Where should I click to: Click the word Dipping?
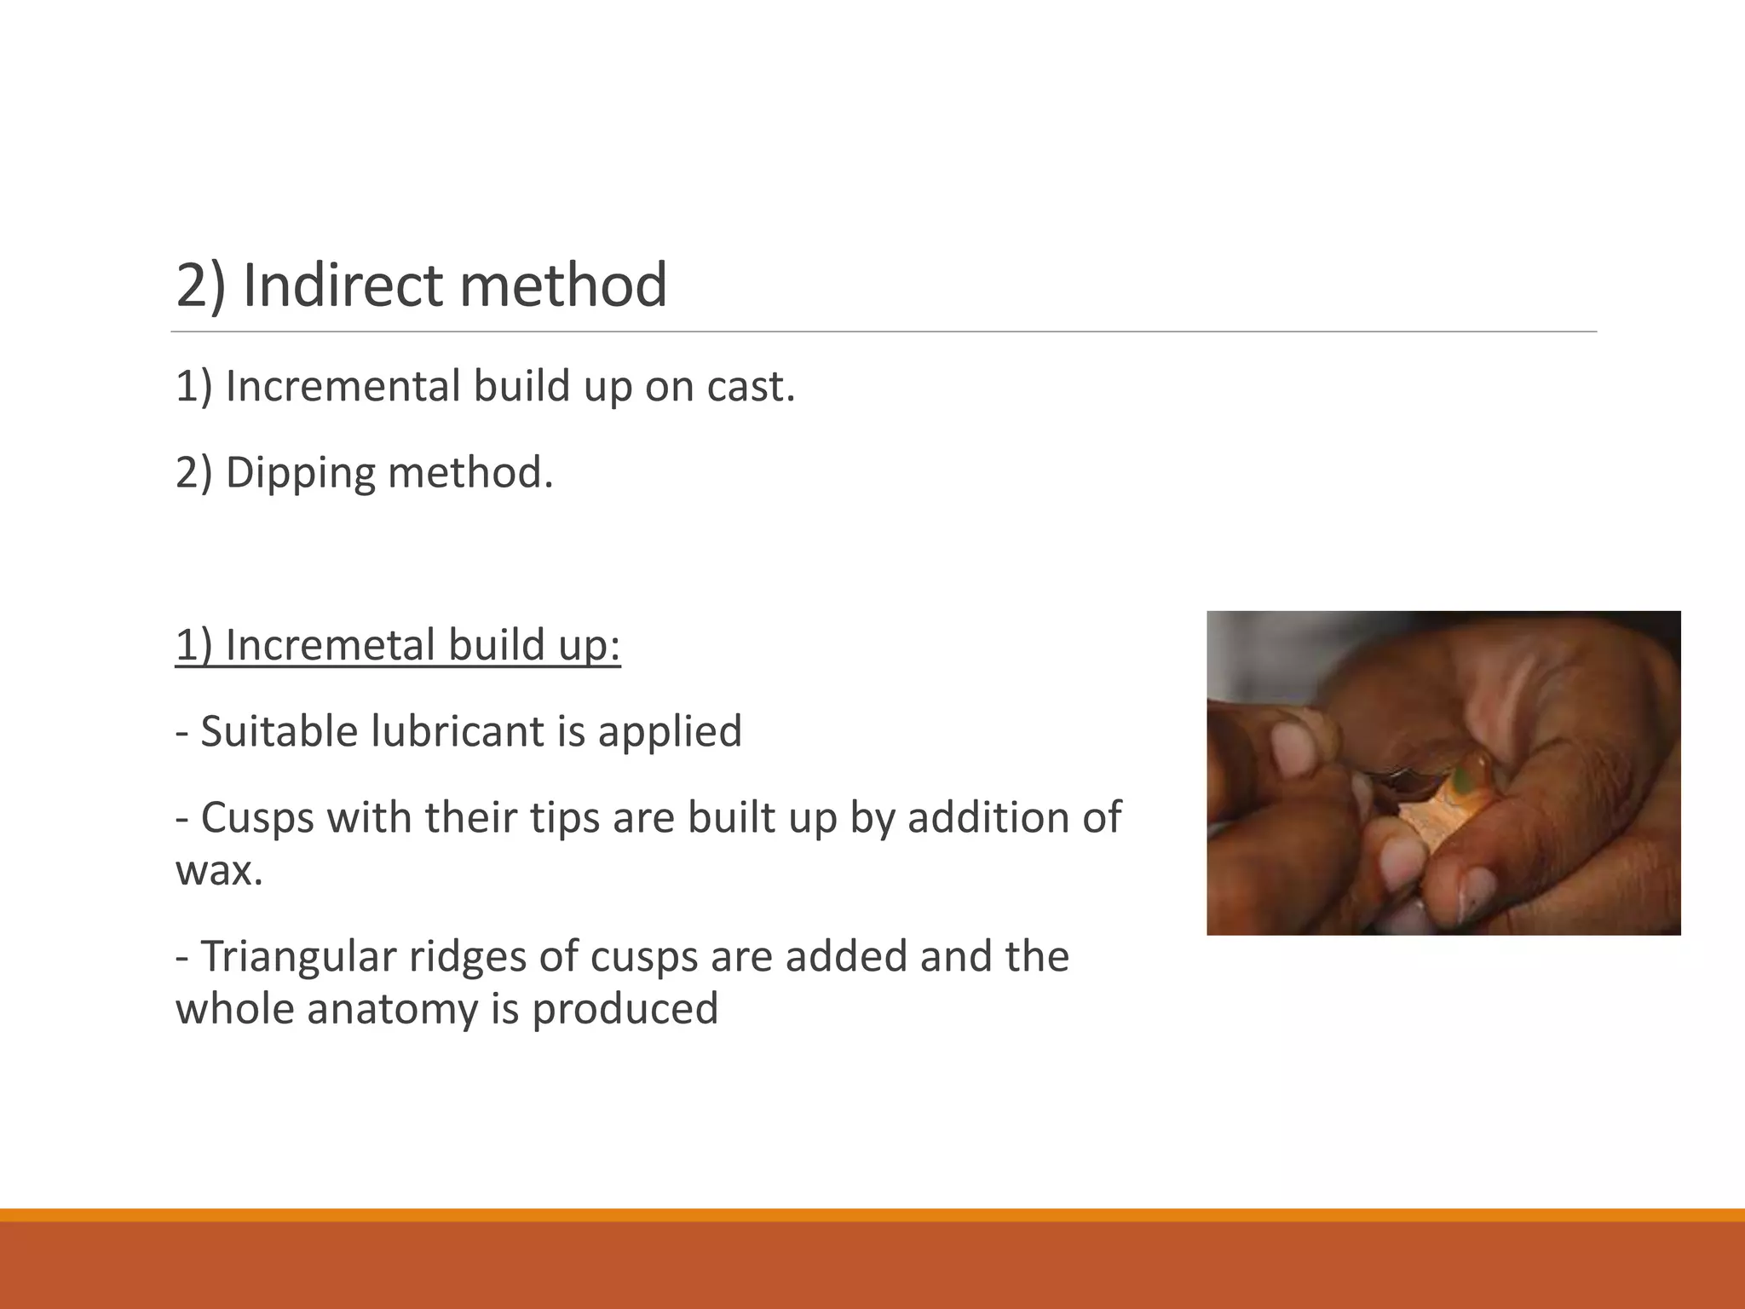300,473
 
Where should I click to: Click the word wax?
219,870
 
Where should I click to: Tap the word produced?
625,1009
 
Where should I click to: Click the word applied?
670,731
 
